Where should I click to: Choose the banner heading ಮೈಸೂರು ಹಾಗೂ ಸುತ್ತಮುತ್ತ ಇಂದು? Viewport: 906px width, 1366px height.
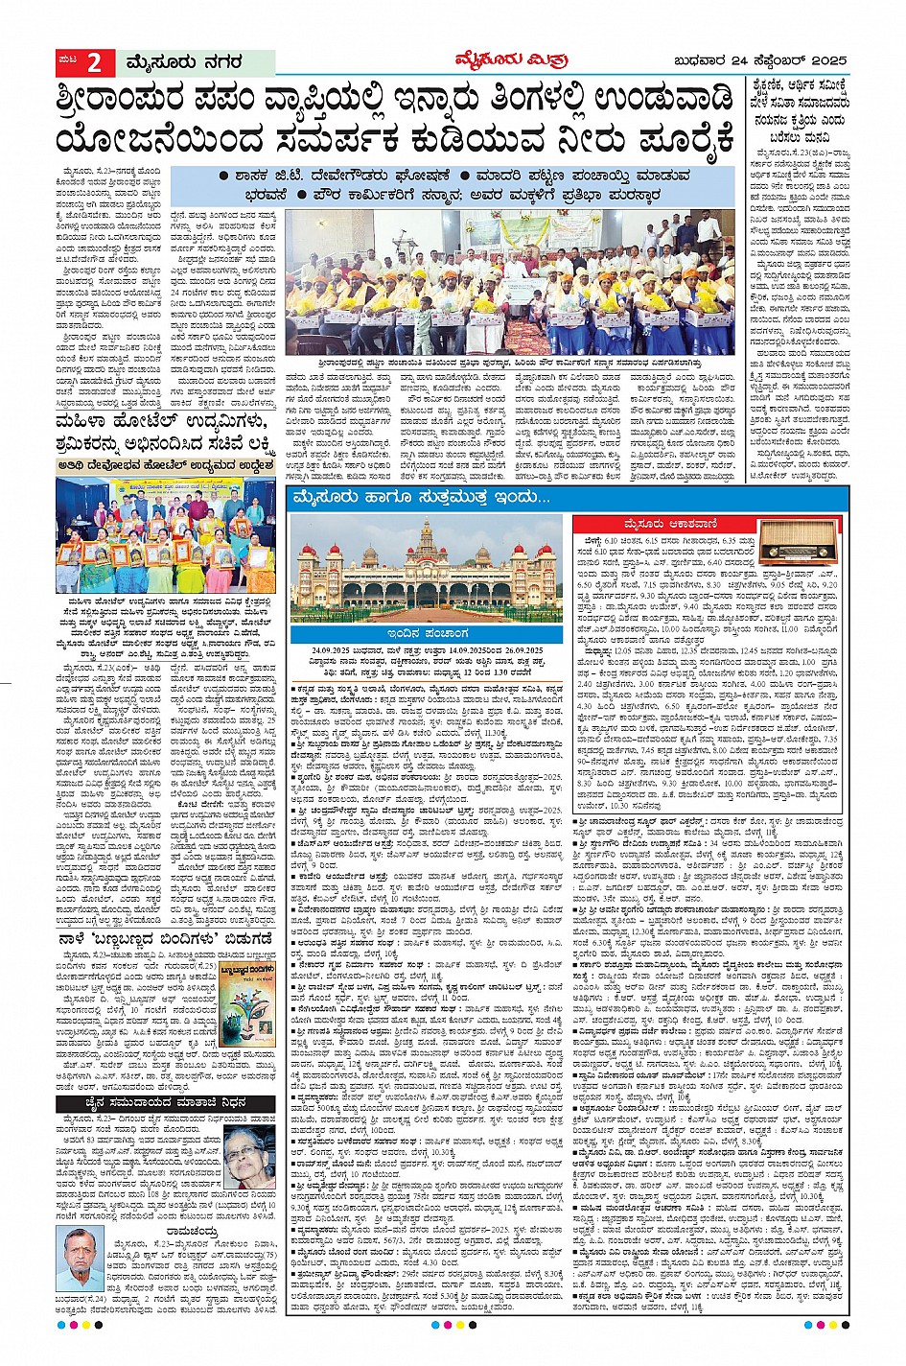(422, 498)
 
